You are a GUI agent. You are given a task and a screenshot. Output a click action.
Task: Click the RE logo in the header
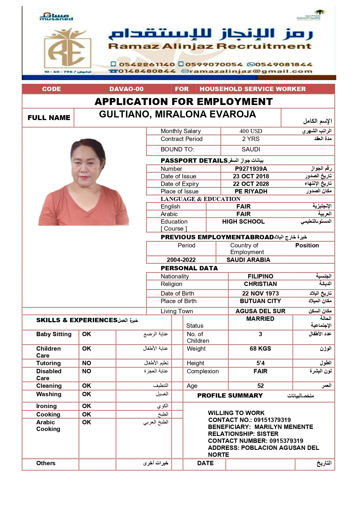pyautogui.click(x=67, y=49)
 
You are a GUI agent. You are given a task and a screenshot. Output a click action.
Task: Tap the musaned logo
pyautogui.click(x=56, y=17)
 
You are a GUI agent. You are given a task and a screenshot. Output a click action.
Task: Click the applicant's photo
pyautogui.click(x=84, y=182)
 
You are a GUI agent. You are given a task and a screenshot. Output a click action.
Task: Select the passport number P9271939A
pyautogui.click(x=251, y=169)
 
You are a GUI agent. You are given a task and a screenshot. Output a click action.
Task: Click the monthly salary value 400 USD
pyautogui.click(x=251, y=131)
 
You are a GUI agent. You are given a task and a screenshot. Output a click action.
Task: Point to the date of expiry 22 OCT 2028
pyautogui.click(x=251, y=184)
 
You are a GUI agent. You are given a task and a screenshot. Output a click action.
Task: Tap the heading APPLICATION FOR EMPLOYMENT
pyautogui.click(x=184, y=102)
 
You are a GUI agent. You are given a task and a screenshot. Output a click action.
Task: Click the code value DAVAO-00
pyautogui.click(x=126, y=89)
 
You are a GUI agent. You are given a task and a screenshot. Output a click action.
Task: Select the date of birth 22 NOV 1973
pyautogui.click(x=260, y=294)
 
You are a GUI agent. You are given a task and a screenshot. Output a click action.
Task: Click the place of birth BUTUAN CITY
pyautogui.click(x=260, y=301)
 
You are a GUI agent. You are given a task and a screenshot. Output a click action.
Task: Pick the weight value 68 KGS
pyautogui.click(x=260, y=349)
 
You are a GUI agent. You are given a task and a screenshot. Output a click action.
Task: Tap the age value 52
pyautogui.click(x=260, y=386)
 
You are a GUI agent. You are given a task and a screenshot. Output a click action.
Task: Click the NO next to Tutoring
pyautogui.click(x=86, y=363)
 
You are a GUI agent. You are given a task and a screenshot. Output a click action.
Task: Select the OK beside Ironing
pyautogui.click(x=86, y=406)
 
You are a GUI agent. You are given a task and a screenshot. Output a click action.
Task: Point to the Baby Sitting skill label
pyautogui.click(x=54, y=334)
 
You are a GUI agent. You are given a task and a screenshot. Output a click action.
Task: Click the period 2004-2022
pyautogui.click(x=181, y=260)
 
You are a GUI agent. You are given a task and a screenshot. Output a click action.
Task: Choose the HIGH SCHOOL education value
pyautogui.click(x=243, y=222)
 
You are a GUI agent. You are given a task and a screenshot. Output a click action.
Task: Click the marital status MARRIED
pyautogui.click(x=260, y=319)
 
